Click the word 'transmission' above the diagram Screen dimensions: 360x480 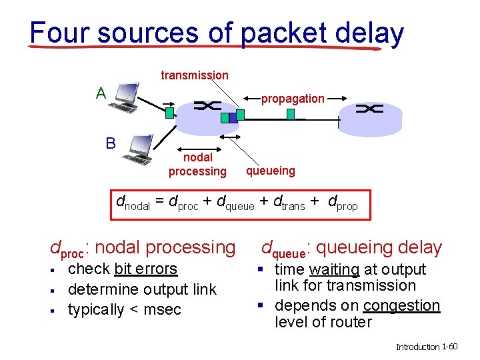[195, 75]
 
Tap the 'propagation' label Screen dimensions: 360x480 [293, 99]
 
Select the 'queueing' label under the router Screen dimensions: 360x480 [270, 171]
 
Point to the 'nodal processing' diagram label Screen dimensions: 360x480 [197, 165]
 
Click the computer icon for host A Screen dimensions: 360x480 [125, 97]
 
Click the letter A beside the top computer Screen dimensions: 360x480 [101, 93]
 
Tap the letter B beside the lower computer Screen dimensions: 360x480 [111, 143]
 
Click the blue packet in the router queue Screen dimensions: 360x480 [225, 118]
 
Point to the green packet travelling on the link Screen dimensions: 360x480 [291, 114]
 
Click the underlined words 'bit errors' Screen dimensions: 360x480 [146, 269]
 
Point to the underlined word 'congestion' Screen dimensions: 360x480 [401, 306]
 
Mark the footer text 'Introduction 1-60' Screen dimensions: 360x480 [427, 347]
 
